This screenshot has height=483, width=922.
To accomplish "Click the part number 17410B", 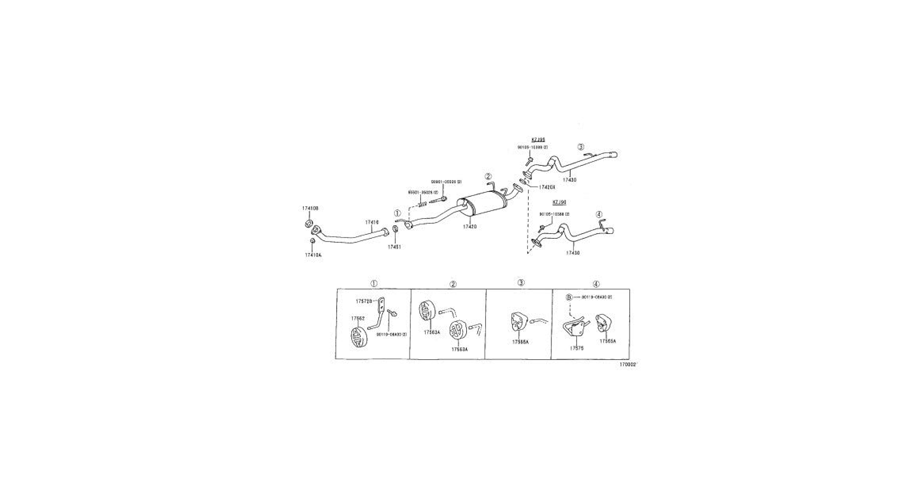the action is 310,208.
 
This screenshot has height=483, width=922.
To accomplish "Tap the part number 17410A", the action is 313,255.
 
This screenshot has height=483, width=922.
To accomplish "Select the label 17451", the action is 394,247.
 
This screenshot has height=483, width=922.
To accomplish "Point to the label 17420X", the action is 547,187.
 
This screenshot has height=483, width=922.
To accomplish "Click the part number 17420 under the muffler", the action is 470,227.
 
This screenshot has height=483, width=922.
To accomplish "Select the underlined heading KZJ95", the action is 538,140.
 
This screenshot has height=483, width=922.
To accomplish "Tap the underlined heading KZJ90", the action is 559,202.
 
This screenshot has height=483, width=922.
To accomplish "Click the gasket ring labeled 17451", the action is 395,229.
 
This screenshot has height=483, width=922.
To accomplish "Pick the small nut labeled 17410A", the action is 312,241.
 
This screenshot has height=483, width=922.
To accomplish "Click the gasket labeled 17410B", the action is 308,224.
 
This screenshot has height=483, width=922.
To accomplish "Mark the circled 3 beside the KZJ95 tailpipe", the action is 581,147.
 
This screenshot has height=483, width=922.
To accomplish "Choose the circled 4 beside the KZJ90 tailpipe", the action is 599,214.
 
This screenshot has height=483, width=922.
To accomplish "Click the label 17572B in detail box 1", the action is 364,301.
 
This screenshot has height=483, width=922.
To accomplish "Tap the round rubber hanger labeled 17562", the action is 358,337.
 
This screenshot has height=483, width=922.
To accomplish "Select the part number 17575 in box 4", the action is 576,348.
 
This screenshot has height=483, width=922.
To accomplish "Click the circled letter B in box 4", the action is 569,297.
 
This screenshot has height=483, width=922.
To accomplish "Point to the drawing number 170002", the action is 628,365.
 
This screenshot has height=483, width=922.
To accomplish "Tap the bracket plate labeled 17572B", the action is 381,304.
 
